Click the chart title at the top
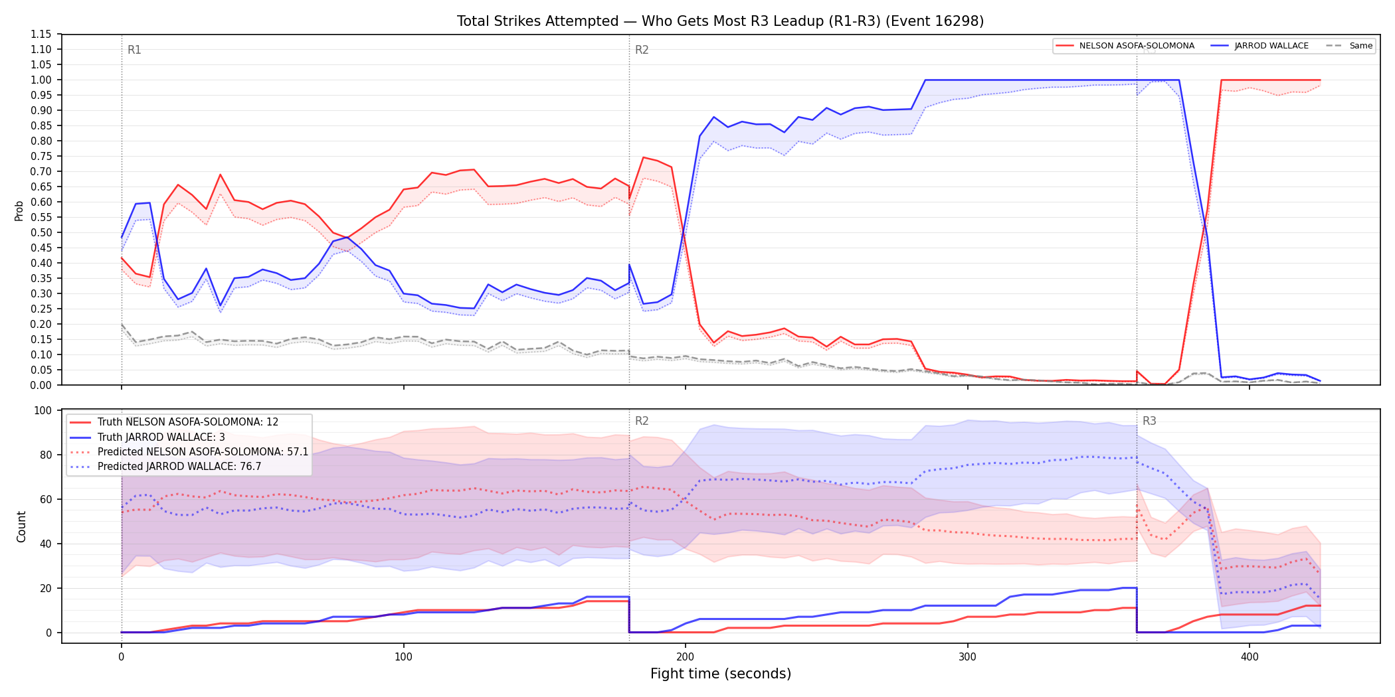[720, 21]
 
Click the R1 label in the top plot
[134, 50]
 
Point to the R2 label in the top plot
[642, 50]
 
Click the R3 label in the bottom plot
[1149, 421]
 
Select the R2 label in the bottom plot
[642, 421]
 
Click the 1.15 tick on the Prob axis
[41, 35]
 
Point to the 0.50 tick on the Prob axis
[41, 232]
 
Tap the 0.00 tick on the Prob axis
[41, 385]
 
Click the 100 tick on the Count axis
[43, 410]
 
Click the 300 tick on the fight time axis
[967, 657]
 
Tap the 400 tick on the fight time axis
[1250, 657]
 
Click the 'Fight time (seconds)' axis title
[721, 674]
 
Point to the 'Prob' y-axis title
[19, 210]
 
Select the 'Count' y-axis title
[21, 526]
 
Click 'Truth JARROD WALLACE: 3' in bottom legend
[161, 437]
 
